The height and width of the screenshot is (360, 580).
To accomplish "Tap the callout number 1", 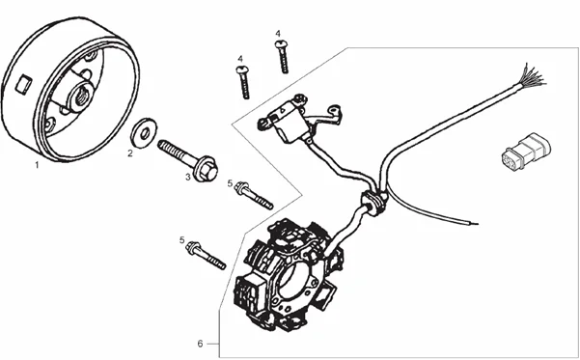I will [37, 165].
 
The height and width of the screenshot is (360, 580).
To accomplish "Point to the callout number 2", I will [131, 152].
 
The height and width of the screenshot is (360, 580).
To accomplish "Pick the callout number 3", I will [188, 178].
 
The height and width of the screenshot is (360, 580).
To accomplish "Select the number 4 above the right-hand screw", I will [278, 34].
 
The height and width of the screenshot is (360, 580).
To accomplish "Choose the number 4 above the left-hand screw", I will [241, 59].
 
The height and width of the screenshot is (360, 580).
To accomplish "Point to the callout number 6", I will [200, 344].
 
